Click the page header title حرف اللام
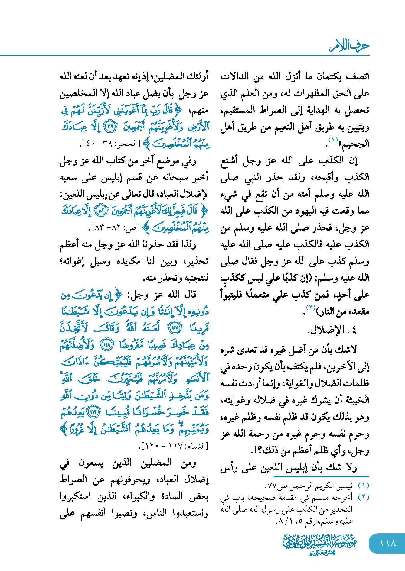click(349, 46)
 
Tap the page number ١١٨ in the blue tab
click(387, 543)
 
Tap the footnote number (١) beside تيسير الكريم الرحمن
click(363, 486)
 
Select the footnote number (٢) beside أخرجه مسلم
click(363, 497)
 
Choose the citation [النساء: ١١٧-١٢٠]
click(174, 446)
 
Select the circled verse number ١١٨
click(106, 345)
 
